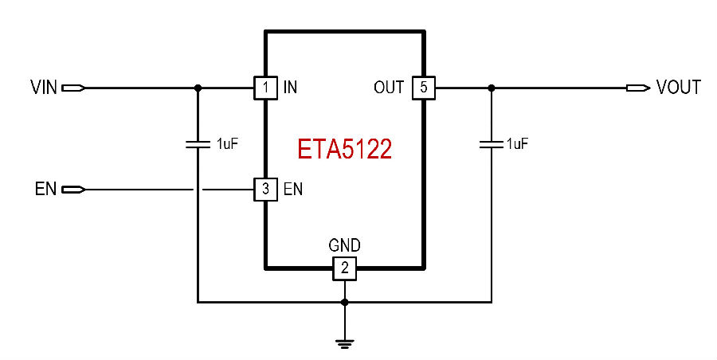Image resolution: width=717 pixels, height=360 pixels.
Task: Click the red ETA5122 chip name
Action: tap(344, 149)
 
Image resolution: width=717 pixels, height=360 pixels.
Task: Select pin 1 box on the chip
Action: tap(265, 88)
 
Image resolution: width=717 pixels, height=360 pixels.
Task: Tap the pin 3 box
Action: tap(265, 190)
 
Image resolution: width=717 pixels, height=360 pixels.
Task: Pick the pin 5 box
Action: tap(424, 88)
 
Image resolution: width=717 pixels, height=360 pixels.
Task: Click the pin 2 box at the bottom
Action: tap(344, 268)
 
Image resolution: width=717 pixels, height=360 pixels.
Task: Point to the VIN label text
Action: tap(44, 87)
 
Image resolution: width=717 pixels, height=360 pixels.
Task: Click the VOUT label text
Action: tap(678, 87)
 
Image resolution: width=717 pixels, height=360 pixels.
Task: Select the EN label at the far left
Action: tap(45, 189)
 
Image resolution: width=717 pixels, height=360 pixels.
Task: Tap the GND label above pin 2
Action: tap(344, 245)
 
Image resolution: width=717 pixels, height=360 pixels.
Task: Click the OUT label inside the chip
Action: tap(389, 87)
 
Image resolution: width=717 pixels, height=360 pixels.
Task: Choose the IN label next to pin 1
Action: tap(290, 87)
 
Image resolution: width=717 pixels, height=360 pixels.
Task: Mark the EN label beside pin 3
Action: tap(293, 189)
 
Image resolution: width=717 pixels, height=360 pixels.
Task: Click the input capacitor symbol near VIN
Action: tap(198, 144)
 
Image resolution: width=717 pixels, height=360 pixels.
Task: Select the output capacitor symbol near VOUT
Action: tap(491, 144)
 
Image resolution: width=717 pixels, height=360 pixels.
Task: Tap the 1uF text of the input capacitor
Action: tap(227, 144)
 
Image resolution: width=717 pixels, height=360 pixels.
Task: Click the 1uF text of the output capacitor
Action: tap(517, 144)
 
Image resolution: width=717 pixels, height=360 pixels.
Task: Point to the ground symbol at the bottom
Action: tap(344, 343)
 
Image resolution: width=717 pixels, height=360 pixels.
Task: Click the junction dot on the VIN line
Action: tap(198, 88)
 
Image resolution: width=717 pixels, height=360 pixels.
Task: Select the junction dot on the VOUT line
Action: tap(491, 88)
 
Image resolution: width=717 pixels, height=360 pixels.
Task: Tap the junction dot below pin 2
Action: tap(344, 303)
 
